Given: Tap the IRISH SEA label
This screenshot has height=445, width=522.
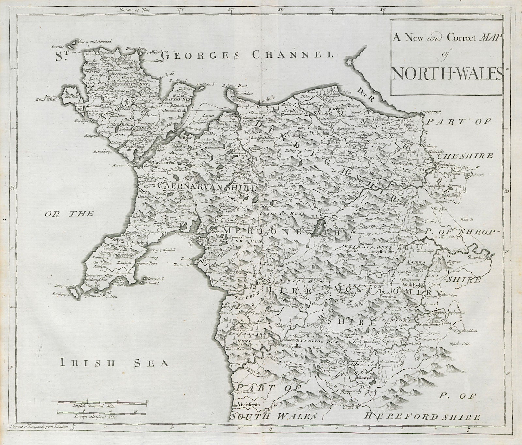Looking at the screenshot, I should [x=113, y=362].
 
